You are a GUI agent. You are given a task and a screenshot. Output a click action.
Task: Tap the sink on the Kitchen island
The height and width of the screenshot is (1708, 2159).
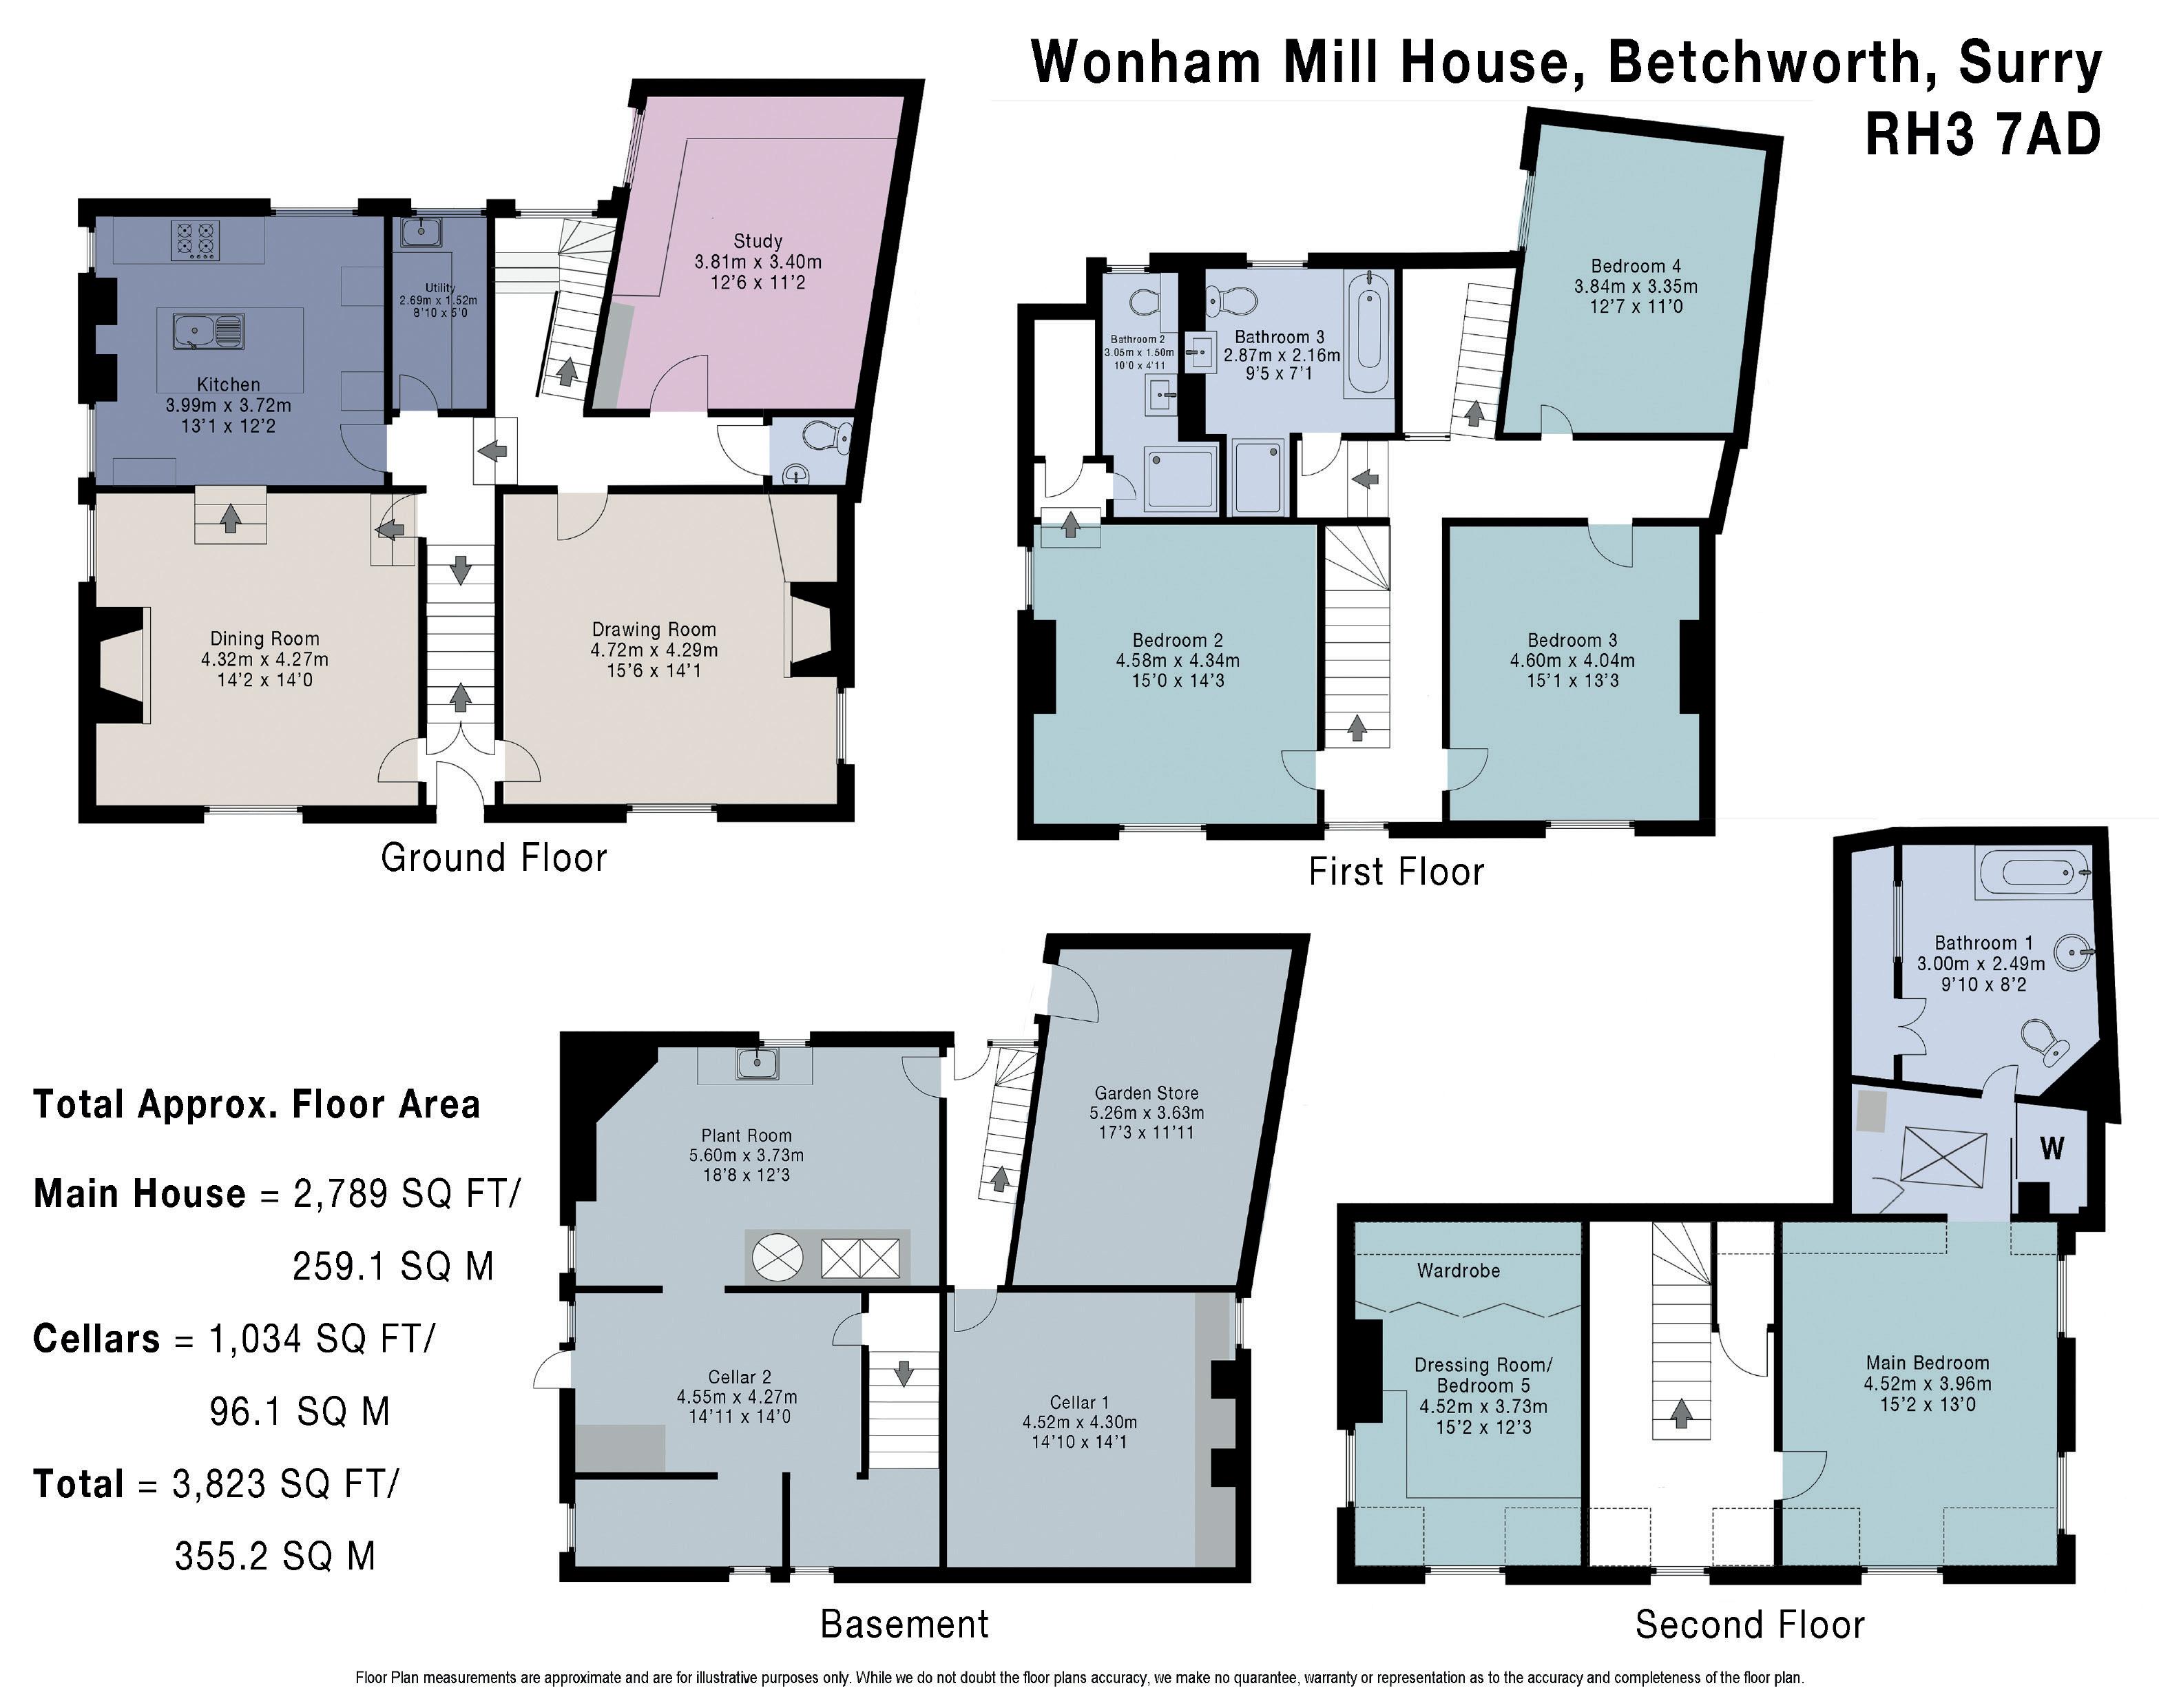(208, 331)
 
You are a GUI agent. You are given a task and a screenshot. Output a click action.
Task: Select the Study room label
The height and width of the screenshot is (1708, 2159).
(758, 241)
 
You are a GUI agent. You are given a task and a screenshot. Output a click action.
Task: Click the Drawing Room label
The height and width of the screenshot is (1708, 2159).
(654, 629)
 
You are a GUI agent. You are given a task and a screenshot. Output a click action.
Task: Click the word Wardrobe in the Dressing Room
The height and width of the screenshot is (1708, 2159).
(1459, 1270)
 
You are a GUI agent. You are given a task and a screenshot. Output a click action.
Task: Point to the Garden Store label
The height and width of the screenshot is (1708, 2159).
(1147, 1093)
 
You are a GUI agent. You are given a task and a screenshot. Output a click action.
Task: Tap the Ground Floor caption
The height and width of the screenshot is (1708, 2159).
(494, 858)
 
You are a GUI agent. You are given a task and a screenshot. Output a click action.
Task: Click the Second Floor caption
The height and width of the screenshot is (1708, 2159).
(1749, 1625)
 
